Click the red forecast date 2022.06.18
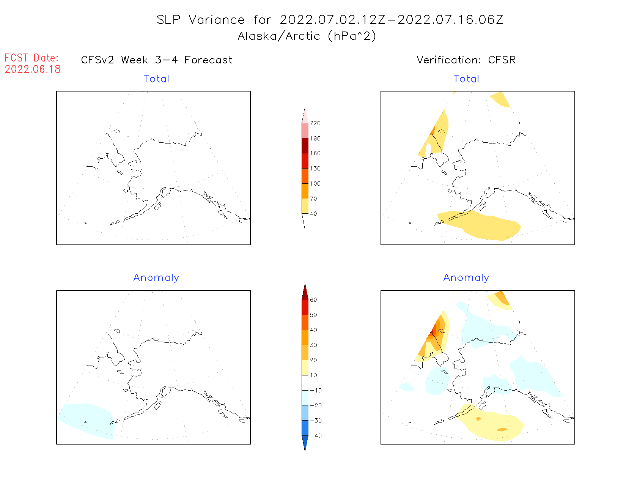[x=32, y=69]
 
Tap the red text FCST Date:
[x=31, y=58]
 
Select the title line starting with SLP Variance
[x=330, y=20]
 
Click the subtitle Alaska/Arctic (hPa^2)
[x=307, y=36]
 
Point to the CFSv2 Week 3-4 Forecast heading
[x=157, y=60]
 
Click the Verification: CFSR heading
[x=466, y=60]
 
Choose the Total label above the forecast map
[x=156, y=79]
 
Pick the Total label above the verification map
[x=466, y=79]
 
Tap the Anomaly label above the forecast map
[x=156, y=278]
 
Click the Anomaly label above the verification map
[x=466, y=278]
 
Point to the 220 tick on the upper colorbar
[x=315, y=123]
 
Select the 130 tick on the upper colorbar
[x=315, y=169]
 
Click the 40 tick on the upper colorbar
[x=313, y=214]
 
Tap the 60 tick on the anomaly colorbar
[x=313, y=300]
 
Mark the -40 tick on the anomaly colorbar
[x=316, y=436]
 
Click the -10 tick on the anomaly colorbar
[x=316, y=390]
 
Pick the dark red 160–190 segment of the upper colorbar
[x=305, y=146]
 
